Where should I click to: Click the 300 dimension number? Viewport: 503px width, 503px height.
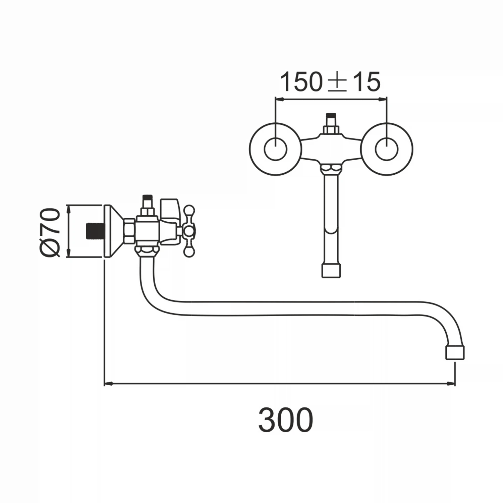click(286, 420)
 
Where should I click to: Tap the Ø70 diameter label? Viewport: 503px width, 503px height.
click(50, 232)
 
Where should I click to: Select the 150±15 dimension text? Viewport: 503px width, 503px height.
click(330, 81)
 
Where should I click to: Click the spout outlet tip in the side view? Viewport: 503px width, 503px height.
click(455, 353)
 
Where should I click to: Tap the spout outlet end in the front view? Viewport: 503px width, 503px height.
click(331, 270)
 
